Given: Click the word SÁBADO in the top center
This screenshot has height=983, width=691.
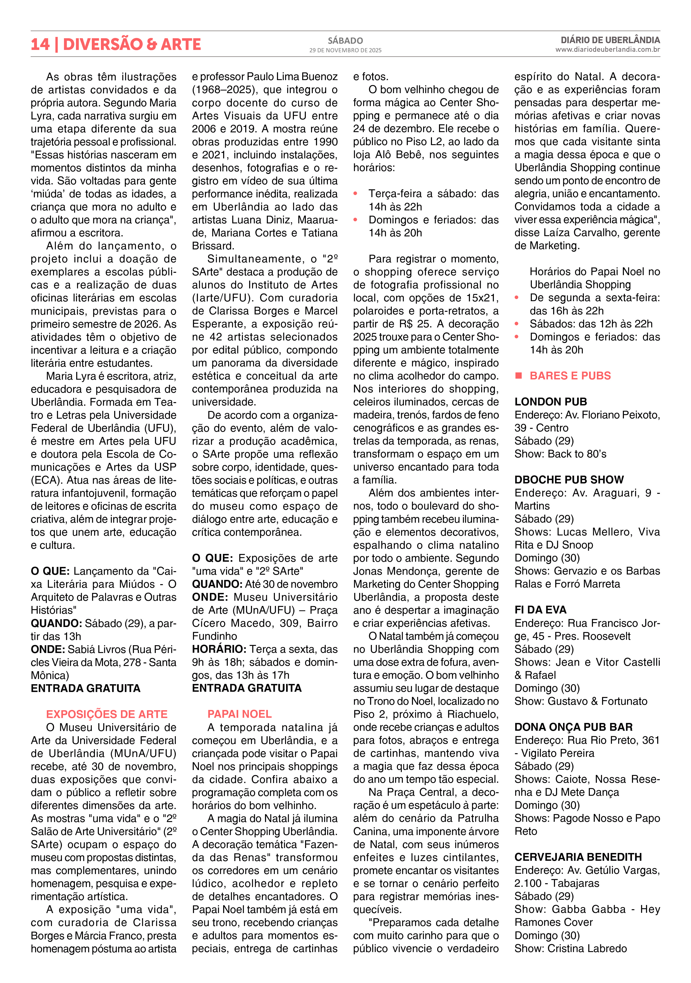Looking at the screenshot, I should tap(345, 41).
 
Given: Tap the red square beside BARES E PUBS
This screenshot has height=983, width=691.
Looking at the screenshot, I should tap(519, 376).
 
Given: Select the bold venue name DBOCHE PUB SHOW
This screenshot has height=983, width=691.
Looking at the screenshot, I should tap(569, 480).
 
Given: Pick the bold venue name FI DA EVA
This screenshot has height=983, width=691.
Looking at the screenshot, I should tap(540, 610).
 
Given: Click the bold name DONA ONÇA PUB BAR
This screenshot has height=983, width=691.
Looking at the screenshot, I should tap(573, 727).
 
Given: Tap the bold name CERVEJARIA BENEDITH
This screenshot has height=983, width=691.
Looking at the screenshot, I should tap(578, 857).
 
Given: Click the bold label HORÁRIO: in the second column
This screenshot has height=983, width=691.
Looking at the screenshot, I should tap(219, 649).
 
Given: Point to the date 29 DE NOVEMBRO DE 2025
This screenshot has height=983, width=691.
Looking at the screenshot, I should tap(345, 50).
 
